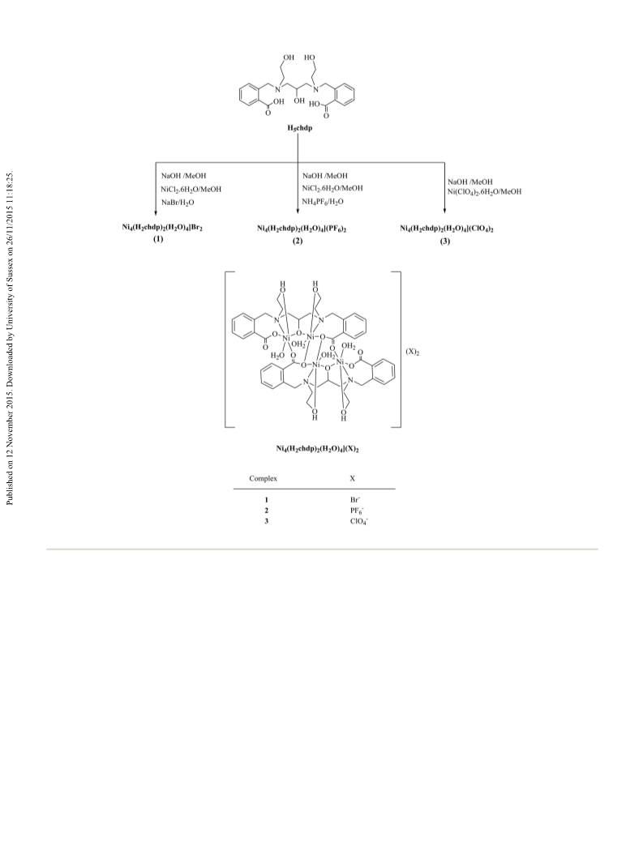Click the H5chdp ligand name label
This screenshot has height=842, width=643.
coord(300,128)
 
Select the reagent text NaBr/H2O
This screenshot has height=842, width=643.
coord(178,203)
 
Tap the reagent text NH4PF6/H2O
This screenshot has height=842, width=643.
coord(323,202)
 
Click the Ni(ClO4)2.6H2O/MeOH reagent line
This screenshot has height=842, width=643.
coord(484,191)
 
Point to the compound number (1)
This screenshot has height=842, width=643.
coord(157,240)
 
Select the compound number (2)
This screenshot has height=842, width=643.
coord(298,241)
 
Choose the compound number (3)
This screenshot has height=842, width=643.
coord(445,241)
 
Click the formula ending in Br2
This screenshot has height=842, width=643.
coord(162,228)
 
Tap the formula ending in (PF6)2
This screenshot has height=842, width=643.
coord(302,229)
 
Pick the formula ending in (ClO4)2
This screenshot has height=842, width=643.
coord(447,229)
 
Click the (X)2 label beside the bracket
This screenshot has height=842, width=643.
coord(413,353)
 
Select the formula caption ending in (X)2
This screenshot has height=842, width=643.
coord(317,448)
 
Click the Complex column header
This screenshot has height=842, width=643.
coord(264,478)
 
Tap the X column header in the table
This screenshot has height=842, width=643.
coord(353,478)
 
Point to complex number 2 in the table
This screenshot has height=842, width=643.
coord(266,510)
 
